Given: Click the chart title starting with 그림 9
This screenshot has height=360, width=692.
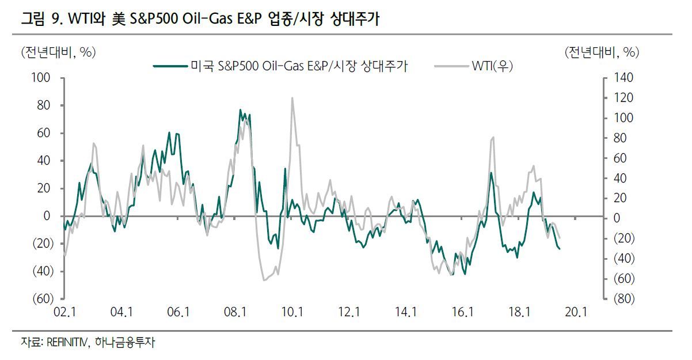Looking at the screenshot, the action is [x=200, y=18].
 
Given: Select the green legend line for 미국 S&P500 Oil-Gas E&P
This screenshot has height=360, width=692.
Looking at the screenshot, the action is [x=170, y=66].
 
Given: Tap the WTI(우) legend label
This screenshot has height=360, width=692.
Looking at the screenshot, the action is [x=492, y=66].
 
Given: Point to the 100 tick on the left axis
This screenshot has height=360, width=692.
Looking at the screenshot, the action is [x=40, y=78].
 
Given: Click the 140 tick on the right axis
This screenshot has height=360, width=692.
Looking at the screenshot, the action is [x=623, y=78].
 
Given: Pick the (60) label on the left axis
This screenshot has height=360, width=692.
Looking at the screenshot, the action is [x=43, y=299].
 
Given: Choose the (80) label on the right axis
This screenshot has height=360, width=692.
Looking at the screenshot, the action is [x=624, y=299].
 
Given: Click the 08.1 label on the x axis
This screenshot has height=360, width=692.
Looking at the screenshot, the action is [x=235, y=312].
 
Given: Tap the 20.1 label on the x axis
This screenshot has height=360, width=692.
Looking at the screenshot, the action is [x=576, y=312].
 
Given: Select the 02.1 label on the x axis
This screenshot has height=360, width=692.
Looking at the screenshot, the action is [x=64, y=312].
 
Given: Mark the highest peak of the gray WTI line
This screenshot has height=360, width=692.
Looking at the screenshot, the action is [x=292, y=98].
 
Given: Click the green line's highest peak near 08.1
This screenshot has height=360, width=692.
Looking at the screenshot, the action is [x=240, y=109].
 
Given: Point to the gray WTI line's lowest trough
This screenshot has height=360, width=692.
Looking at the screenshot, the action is [x=264, y=281].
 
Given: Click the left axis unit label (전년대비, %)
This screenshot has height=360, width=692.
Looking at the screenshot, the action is [x=58, y=52].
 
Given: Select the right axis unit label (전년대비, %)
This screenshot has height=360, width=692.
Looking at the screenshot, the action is [x=602, y=52].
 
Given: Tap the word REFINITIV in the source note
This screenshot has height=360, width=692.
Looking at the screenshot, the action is [x=67, y=342].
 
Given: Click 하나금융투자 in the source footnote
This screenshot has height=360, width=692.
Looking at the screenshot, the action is [x=125, y=342].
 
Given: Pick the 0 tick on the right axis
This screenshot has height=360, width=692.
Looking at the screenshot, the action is [x=617, y=218].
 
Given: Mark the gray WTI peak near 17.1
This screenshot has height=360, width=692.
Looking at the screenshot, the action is [x=493, y=137].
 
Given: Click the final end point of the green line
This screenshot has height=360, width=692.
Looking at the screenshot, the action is [x=560, y=249].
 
